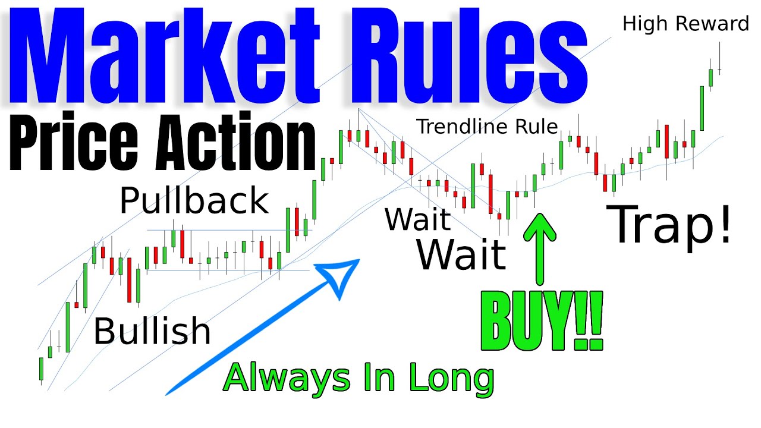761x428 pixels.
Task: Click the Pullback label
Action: click(194, 201)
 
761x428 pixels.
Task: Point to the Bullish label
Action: click(152, 331)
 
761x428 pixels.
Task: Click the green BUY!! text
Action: click(542, 321)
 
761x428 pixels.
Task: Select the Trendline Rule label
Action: click(487, 126)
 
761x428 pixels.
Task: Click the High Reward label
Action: click(685, 24)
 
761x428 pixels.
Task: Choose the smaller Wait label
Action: click(417, 219)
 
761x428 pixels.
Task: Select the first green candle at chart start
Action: click(42, 368)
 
